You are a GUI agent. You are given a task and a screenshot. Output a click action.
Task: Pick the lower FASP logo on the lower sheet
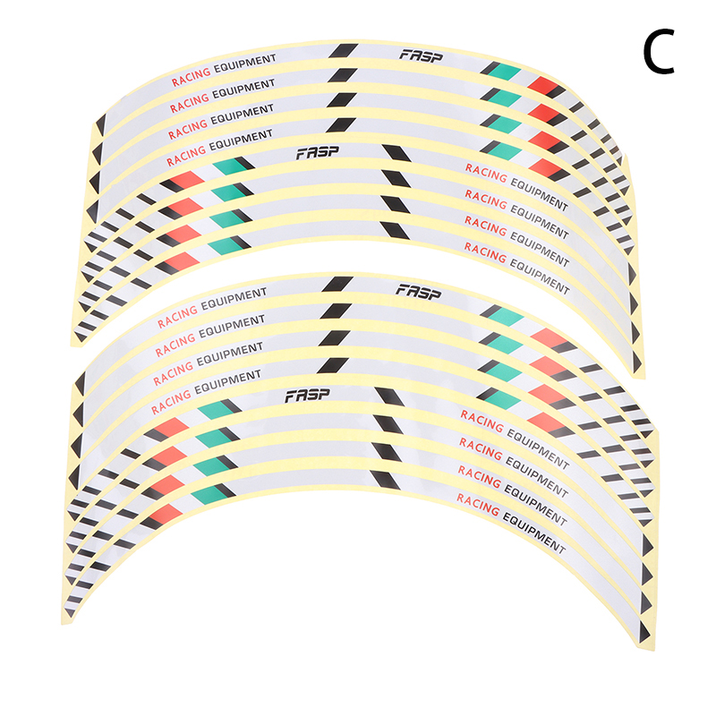[x=306, y=395]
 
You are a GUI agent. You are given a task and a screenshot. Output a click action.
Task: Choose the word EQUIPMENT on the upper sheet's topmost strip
[x=244, y=63]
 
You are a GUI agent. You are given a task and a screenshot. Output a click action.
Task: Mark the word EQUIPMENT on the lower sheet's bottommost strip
[x=533, y=533]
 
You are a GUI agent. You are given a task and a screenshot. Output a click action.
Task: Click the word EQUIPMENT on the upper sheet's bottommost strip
[x=539, y=274]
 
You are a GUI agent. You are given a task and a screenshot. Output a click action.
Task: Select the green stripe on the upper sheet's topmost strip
[x=499, y=70]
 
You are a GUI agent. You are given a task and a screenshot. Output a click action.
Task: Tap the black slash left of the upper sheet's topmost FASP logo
[x=345, y=52]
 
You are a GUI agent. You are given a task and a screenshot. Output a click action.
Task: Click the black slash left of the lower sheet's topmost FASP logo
[x=337, y=286]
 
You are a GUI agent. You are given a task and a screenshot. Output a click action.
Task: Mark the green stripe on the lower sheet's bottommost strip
[x=209, y=490]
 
